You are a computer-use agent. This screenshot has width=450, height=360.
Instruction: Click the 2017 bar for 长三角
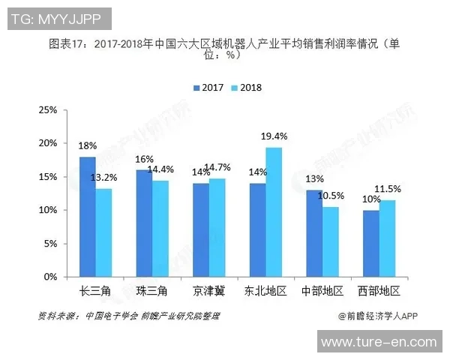point(88,216)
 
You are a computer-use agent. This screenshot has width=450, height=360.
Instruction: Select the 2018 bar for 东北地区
point(274,211)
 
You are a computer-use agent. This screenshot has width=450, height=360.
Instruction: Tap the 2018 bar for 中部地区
point(331,241)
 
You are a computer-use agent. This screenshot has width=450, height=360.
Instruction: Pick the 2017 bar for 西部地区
point(371,243)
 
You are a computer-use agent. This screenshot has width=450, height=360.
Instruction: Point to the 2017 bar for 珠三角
point(144,223)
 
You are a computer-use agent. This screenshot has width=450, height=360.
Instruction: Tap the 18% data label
point(87,145)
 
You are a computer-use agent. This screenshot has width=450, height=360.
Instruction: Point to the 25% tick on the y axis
point(47,110)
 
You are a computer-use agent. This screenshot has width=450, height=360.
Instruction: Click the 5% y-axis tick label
point(49,244)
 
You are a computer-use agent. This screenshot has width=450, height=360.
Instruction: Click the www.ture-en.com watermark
point(378,343)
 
